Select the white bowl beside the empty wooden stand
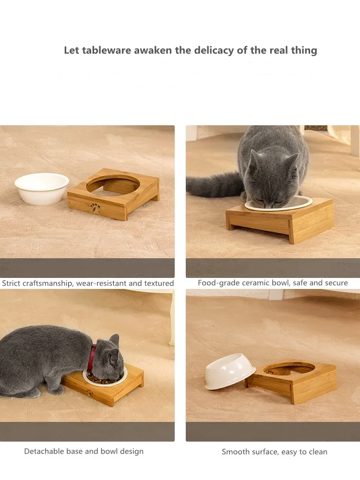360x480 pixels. pyautogui.click(x=42, y=188)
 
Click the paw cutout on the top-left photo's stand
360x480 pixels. pyautogui.click(x=95, y=208)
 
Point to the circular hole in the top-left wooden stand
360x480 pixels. pyautogui.click(x=114, y=185)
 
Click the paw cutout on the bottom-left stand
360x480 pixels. pyautogui.click(x=89, y=393)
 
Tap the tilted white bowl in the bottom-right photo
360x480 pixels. pyautogui.click(x=230, y=371)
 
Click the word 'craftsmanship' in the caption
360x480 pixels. pyautogui.click(x=47, y=283)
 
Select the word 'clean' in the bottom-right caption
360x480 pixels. pyautogui.click(x=318, y=452)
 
